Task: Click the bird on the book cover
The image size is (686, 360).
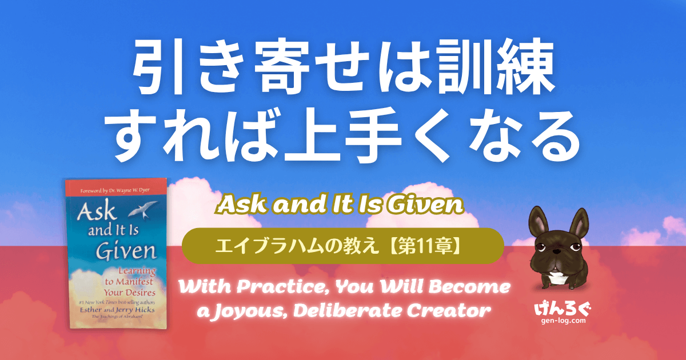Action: (x=143, y=209)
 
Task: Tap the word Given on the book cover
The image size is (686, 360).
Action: (x=126, y=251)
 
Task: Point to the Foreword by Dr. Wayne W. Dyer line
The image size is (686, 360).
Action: (x=115, y=191)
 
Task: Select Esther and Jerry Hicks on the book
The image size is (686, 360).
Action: (x=117, y=310)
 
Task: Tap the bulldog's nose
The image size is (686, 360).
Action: (x=557, y=252)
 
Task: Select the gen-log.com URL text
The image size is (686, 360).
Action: (x=564, y=321)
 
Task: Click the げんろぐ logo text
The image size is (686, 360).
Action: (x=563, y=309)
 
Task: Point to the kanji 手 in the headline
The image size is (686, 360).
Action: (x=373, y=134)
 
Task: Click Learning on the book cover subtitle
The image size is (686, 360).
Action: (x=137, y=271)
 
